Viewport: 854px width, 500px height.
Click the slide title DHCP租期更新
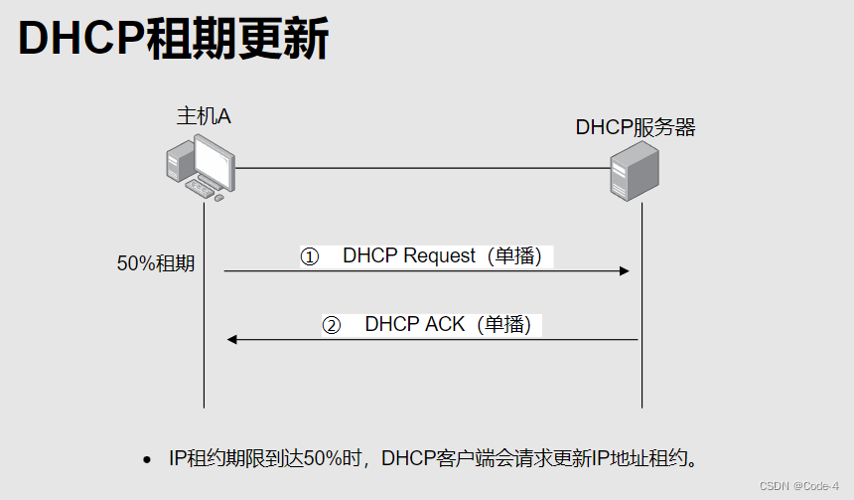174,40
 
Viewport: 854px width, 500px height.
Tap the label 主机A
204,116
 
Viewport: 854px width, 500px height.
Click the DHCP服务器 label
636,127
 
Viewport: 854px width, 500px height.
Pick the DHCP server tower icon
634,172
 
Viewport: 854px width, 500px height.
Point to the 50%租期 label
156,264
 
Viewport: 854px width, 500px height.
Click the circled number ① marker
310,256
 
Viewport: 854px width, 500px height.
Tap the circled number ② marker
332,325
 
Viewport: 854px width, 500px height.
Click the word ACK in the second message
445,324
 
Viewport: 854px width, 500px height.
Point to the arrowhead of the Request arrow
625,270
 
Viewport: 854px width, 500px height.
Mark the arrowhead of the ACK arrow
231,340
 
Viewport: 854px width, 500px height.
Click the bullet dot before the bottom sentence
147,459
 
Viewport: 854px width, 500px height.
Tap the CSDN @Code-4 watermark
798,486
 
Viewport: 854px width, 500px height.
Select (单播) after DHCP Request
514,255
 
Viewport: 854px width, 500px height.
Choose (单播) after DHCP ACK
503,324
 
